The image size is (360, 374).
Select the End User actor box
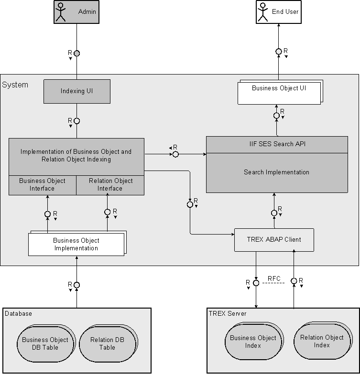pos(278,11)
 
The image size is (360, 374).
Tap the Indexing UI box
pos(76,91)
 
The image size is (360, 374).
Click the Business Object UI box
pos(279,91)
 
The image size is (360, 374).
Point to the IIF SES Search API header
pos(277,144)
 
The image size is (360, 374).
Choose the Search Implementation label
pos(277,172)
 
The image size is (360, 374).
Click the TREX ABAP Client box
pos(274,240)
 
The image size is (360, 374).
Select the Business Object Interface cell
pos(43,185)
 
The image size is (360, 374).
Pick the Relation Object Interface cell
pos(110,185)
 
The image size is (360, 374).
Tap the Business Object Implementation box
pos(76,244)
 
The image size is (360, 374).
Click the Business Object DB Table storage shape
pos(45,343)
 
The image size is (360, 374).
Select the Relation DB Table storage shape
pos(107,343)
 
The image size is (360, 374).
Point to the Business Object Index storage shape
pos(253,342)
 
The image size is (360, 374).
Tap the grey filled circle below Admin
pos(76,53)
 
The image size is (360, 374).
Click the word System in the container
pos(15,85)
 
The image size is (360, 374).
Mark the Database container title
pos(19,314)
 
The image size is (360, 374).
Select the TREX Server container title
pos(228,314)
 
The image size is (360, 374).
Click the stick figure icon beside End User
pos(262,11)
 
